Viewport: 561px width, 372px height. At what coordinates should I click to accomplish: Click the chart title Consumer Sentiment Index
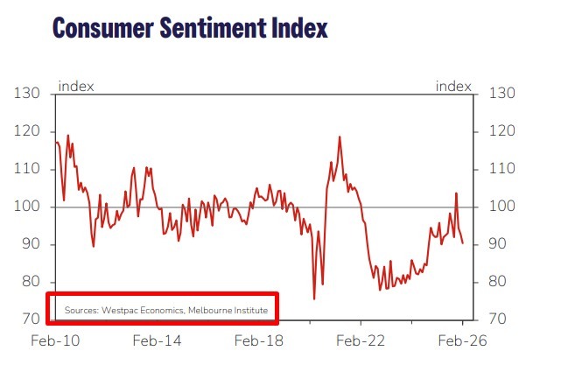(190, 27)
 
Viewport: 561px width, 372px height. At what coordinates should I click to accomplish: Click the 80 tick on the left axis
(30, 282)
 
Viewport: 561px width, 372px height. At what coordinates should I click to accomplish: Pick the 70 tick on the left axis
(30, 319)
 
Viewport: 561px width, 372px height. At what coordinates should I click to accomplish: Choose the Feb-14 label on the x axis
(158, 340)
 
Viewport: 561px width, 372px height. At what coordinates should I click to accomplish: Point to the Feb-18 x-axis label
(260, 340)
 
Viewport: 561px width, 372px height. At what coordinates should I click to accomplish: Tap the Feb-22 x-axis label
(361, 340)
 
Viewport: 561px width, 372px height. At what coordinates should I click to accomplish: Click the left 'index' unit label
(75, 86)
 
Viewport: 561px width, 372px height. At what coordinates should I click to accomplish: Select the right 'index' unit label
(453, 86)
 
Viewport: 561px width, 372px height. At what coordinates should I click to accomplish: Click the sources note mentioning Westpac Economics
(165, 310)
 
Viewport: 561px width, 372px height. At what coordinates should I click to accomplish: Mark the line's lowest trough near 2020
(314, 299)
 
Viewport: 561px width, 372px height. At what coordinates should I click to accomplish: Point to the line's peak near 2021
(339, 137)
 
